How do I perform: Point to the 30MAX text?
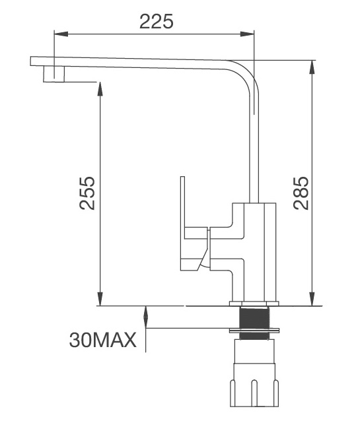pos(102,340)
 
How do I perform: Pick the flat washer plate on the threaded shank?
pos(254,329)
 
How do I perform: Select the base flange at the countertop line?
pos(254,304)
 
